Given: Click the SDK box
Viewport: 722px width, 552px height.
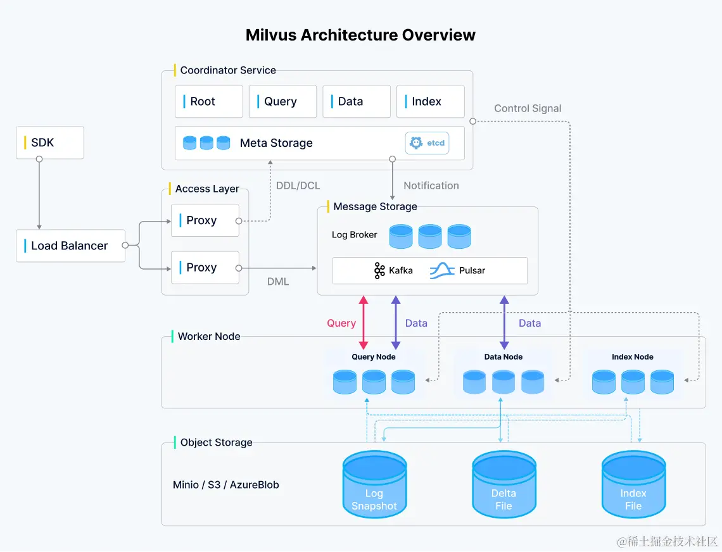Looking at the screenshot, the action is (x=50, y=142).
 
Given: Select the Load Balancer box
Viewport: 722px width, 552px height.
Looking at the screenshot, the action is (x=70, y=246).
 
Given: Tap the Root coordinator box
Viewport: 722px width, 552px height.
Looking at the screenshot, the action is (x=208, y=101).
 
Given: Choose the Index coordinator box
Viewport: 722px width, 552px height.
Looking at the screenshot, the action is (x=431, y=101).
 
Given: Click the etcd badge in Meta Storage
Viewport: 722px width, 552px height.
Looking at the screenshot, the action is (x=427, y=143).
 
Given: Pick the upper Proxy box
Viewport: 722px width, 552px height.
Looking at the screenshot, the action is (x=205, y=220).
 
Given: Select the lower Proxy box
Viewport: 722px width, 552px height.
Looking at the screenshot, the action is (x=205, y=268).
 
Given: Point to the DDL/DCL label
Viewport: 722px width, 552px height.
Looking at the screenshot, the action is (x=298, y=185).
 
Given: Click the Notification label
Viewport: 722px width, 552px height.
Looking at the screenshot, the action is (x=431, y=185).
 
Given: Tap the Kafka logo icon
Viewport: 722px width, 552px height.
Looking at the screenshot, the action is (x=379, y=271).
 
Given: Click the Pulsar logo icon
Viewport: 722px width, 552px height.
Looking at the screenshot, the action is (x=442, y=271).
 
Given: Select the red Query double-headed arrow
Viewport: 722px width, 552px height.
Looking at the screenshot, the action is (x=364, y=322).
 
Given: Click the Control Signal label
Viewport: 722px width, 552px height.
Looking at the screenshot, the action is (x=528, y=108).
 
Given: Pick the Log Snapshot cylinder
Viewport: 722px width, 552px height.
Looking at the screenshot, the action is (x=374, y=484).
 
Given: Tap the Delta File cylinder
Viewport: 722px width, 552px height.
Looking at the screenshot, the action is (x=503, y=484).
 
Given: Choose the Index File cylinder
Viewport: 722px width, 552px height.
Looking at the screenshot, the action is (x=633, y=484).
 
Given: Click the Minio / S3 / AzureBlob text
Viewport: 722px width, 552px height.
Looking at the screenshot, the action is (x=225, y=485).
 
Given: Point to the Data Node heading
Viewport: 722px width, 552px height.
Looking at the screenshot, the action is (x=503, y=357).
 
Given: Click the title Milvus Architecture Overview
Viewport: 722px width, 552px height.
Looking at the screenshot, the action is (x=360, y=35).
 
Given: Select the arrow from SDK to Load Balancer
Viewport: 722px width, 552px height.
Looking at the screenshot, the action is (x=39, y=194).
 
